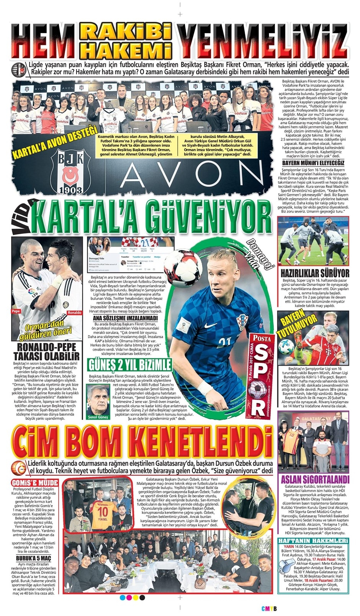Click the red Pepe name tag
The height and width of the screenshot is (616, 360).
coord(16,312)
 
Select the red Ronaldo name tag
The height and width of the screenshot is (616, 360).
coord(74,312)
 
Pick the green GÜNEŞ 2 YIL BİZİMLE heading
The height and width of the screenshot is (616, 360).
coord(129,364)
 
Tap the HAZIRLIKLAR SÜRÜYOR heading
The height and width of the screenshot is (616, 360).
coord(315,273)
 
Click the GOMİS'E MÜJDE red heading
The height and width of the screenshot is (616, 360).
coord(35,483)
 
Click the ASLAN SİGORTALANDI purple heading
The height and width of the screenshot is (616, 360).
coord(315,480)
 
